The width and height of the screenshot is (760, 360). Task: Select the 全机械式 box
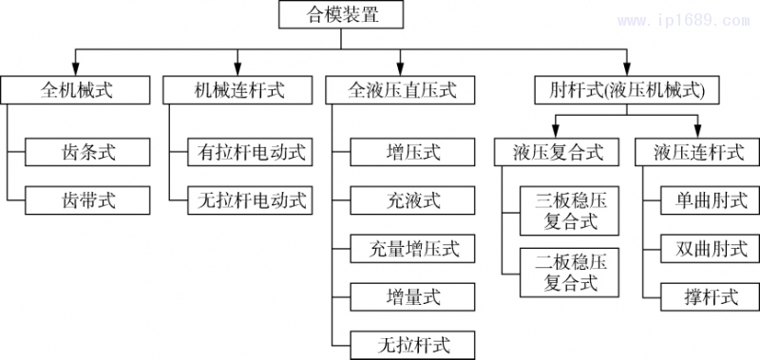77,90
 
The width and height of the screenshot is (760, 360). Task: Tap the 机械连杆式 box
238,90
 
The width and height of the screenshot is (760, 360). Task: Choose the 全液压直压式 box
402,90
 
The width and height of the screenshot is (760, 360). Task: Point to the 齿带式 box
88,199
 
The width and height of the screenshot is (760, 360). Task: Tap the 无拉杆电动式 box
252,199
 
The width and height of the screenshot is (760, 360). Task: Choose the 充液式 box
413,199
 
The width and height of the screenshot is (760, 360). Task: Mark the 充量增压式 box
413,249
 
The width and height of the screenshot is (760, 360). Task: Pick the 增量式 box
413,295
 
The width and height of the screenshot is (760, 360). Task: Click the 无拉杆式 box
413,343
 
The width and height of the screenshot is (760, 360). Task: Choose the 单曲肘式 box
711,199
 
